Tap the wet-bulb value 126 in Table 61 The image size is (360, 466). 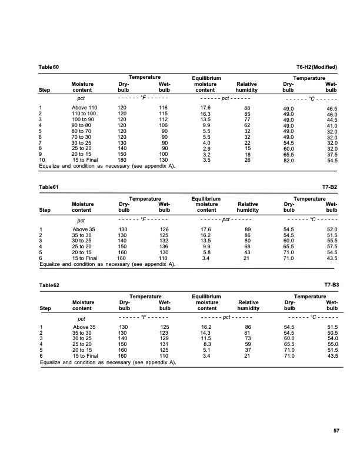(x=165, y=229)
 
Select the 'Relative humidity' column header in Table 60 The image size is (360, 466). (x=248, y=87)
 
